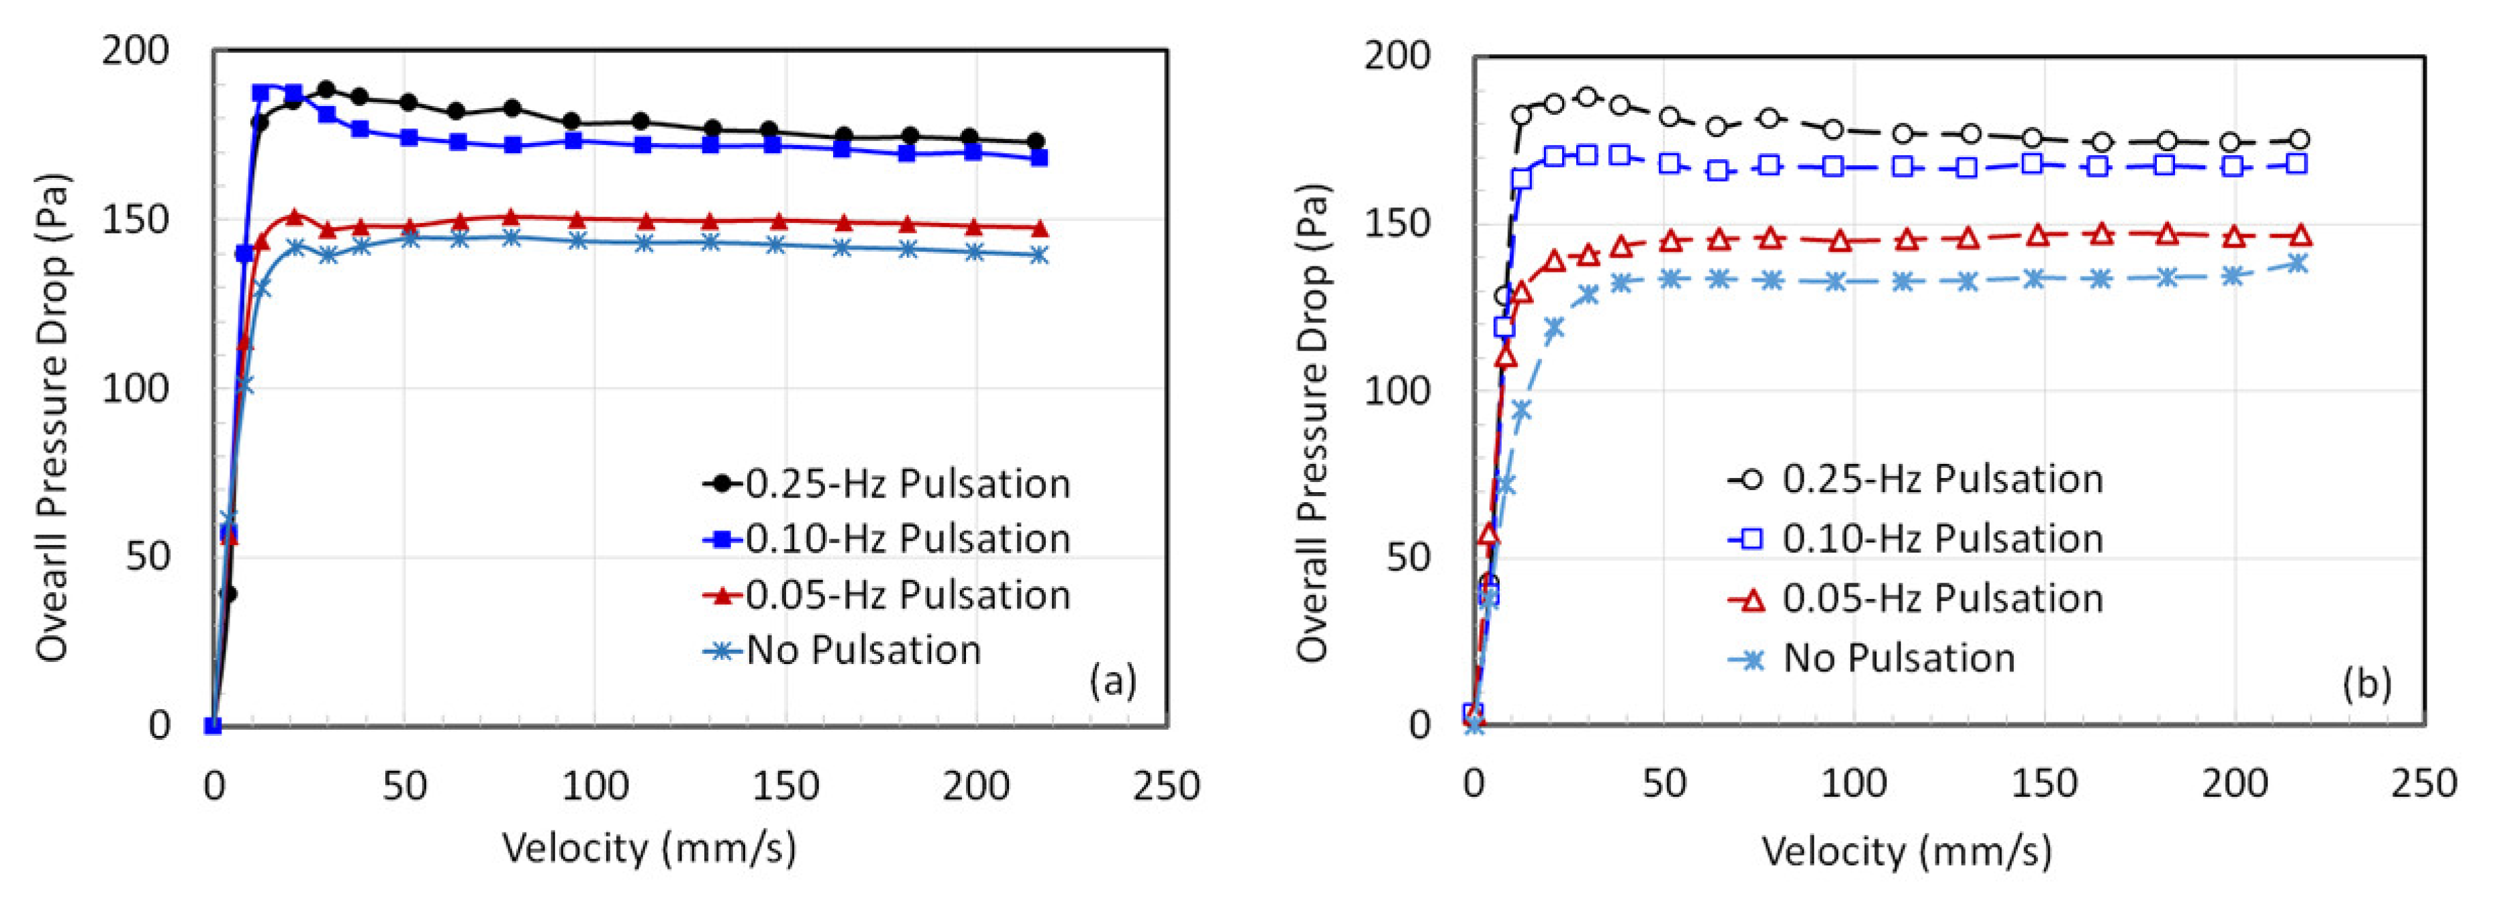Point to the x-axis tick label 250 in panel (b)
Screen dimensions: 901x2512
(2423, 783)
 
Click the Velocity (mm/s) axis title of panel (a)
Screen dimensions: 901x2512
(649, 849)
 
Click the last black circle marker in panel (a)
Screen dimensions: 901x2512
(1036, 142)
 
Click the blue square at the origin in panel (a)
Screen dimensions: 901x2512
(213, 726)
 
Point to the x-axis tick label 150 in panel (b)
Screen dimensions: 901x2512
(2044, 783)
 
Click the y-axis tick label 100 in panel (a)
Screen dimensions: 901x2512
(136, 388)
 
